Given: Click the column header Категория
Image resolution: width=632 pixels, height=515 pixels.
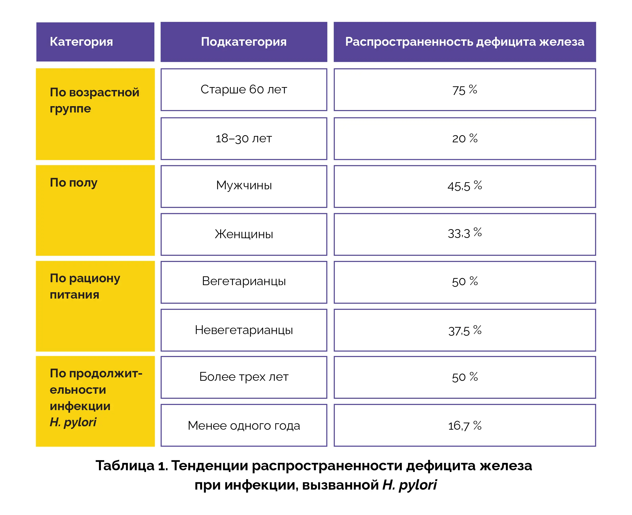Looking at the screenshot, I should [x=81, y=42].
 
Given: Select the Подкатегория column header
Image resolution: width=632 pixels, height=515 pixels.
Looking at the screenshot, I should [x=244, y=42].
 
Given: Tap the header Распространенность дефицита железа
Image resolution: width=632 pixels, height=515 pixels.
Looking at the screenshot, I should [x=464, y=42].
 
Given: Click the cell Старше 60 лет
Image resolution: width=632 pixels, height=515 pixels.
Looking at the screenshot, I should [x=244, y=90].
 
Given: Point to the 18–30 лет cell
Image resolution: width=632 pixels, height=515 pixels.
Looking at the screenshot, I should [x=244, y=139].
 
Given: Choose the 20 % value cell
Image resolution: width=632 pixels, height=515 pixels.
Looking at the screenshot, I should [x=464, y=139].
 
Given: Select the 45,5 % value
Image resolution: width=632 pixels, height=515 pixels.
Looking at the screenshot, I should [x=464, y=186].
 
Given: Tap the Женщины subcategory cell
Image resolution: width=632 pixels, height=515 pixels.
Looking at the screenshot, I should [x=244, y=234].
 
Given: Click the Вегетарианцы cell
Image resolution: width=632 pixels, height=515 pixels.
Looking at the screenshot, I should [x=244, y=281].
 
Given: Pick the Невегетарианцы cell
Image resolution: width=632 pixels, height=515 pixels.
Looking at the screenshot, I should [x=244, y=330].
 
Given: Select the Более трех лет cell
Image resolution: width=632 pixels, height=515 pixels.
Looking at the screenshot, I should [x=244, y=377].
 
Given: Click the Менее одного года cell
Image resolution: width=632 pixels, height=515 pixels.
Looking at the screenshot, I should [x=244, y=426].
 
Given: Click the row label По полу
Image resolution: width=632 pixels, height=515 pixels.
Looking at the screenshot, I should [x=73, y=183].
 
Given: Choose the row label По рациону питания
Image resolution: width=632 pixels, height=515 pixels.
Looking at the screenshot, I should [x=85, y=286].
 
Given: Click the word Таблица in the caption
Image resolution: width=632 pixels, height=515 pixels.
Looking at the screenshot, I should [x=125, y=465].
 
